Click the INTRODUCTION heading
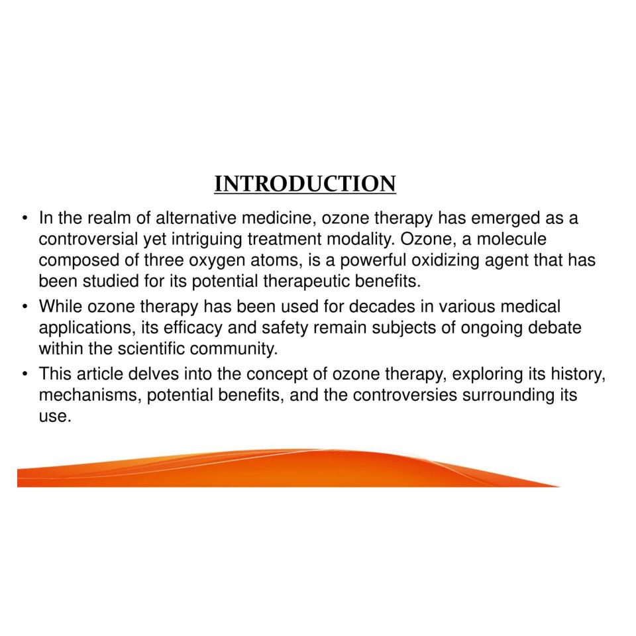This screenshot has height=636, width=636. coord(305,184)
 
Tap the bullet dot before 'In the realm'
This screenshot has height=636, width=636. coord(25,219)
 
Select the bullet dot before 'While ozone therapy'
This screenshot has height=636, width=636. coord(25,307)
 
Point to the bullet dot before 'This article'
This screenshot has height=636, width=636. coord(25,374)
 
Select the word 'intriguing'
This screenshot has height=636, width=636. coord(207,240)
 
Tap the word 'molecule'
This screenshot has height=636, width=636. coord(511,239)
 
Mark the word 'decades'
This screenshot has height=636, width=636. coord(382,307)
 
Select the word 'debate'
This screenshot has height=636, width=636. coord(555,328)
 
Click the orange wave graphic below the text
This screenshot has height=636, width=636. coord(284,468)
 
